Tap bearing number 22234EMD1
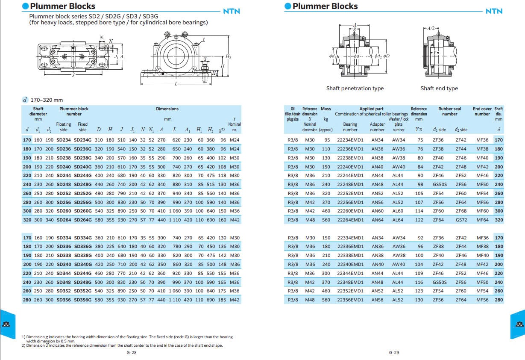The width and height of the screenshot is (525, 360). (350, 140)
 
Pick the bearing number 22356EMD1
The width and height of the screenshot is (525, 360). (350, 300)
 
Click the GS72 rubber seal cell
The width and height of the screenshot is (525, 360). (461, 220)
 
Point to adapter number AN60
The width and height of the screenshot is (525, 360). (377, 211)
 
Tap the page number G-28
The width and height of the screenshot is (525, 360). (132, 353)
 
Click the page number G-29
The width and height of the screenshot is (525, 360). (394, 353)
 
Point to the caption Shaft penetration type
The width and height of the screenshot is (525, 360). (355, 89)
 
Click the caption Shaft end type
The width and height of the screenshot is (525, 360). (439, 89)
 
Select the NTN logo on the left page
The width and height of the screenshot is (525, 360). (232, 12)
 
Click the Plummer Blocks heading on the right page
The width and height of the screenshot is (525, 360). (325, 6)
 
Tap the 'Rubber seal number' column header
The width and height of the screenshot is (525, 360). (449, 112)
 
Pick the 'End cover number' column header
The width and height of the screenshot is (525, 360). (482, 112)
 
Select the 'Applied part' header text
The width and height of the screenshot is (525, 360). (371, 109)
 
